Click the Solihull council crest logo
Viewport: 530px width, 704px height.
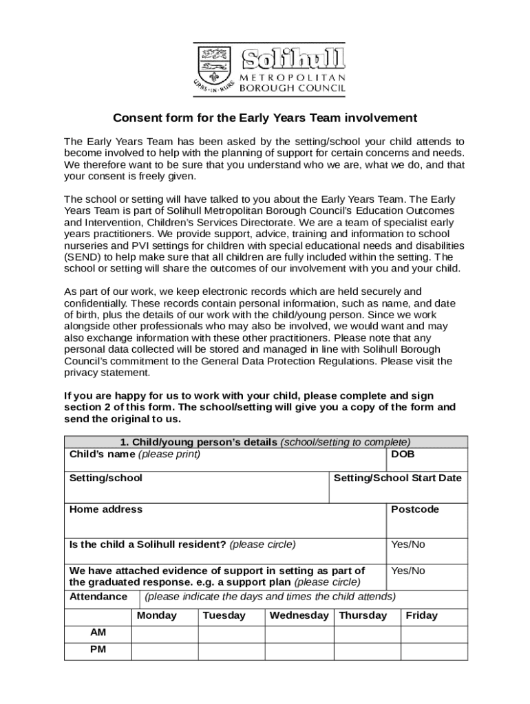click(x=213, y=69)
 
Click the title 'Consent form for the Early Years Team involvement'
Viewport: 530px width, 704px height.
click(x=265, y=118)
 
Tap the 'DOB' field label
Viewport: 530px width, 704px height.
click(x=403, y=454)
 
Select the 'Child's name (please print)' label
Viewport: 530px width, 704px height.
click(x=135, y=454)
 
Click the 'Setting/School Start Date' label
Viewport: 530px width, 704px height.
click(x=397, y=478)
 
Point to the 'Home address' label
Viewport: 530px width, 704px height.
click(x=106, y=509)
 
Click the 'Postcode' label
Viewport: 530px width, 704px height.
click(x=414, y=509)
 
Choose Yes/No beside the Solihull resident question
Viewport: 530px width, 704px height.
click(x=408, y=544)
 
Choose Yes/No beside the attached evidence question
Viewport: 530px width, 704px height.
click(x=408, y=571)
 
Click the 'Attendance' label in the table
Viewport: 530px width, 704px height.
click(x=98, y=596)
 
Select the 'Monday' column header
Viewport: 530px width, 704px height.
click(x=157, y=615)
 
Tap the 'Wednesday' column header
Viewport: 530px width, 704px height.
click(x=299, y=615)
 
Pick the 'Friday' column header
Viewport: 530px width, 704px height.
click(x=422, y=615)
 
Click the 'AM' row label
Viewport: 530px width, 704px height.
click(x=98, y=632)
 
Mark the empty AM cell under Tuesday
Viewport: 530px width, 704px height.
click(x=232, y=632)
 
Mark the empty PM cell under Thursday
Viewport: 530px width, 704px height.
click(x=368, y=650)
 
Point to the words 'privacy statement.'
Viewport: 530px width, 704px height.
click(x=107, y=373)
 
